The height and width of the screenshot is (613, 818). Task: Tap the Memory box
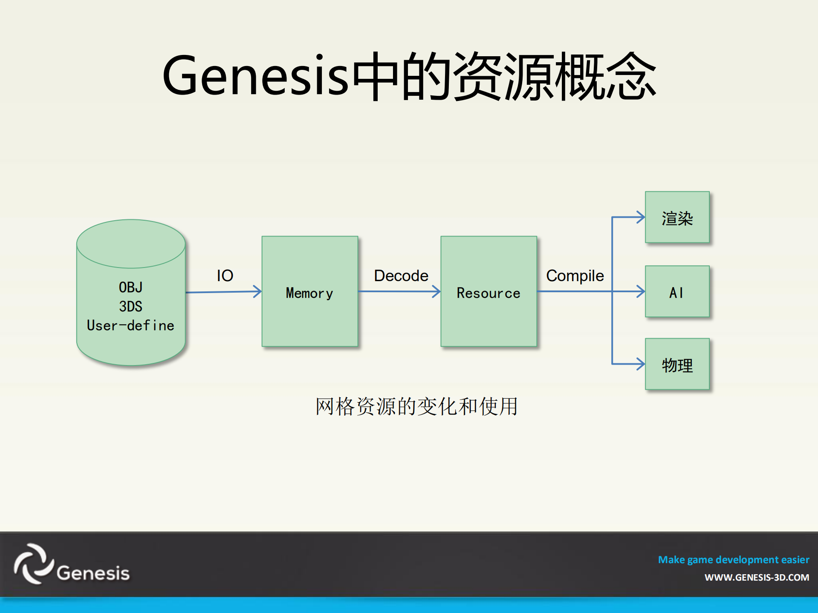coord(309,292)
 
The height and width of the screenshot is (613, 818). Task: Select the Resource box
coord(488,292)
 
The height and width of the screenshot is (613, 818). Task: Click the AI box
coord(677,292)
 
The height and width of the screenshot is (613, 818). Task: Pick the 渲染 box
coord(677,218)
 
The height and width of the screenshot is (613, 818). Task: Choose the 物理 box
coord(677,365)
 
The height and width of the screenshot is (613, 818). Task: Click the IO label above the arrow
coord(225,276)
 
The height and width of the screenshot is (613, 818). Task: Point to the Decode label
coord(401,276)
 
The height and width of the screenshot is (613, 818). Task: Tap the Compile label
coord(575,276)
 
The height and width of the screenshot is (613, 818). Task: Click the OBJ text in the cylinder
coord(130,287)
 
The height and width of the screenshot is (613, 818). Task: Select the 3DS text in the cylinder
coord(130,306)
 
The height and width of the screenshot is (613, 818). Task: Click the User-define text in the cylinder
coord(130,325)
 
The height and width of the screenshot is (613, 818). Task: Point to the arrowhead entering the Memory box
coord(257,291)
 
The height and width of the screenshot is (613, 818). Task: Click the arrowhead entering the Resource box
coord(436,291)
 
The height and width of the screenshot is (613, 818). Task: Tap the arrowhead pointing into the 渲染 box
coord(641,217)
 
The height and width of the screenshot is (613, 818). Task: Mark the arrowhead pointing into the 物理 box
coord(641,364)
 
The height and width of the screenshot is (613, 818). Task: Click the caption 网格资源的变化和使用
coord(416,406)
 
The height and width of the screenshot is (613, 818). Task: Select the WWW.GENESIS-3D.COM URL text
coord(757,578)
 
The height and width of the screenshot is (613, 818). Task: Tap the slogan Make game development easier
coord(733,559)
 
